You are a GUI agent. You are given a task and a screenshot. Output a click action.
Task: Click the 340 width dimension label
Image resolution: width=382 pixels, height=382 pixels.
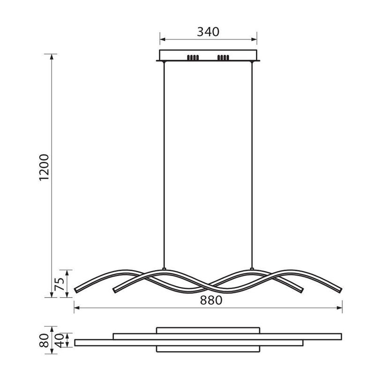pyautogui.click(x=208, y=32)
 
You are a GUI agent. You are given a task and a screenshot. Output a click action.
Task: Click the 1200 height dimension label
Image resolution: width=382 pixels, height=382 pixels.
pyautogui.click(x=44, y=167)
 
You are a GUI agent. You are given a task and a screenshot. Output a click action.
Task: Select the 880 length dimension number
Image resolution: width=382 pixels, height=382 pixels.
pyautogui.click(x=209, y=300)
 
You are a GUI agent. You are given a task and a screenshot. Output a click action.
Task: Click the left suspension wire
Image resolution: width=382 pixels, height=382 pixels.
pyautogui.click(x=164, y=164)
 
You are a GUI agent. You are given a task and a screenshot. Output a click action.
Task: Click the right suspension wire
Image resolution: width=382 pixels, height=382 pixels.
pyautogui.click(x=252, y=164)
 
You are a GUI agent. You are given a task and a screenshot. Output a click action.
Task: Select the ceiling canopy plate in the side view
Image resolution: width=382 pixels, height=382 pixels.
pyautogui.click(x=208, y=55)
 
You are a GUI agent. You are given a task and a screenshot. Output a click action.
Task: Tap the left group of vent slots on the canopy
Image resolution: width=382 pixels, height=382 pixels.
pyautogui.click(x=193, y=58)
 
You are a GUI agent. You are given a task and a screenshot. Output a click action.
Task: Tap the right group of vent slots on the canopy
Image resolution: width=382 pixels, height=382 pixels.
pyautogui.click(x=223, y=58)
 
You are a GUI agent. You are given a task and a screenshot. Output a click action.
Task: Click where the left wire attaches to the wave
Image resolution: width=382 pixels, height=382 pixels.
pyautogui.click(x=164, y=269)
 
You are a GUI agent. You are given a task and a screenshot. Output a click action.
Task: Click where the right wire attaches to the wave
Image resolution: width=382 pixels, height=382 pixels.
pyautogui.click(x=252, y=269)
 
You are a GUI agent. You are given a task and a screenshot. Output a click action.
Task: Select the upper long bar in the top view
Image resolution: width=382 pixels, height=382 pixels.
pyautogui.click(x=227, y=336)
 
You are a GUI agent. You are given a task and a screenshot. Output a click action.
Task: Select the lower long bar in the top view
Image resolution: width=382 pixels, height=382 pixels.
pyautogui.click(x=188, y=343)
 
